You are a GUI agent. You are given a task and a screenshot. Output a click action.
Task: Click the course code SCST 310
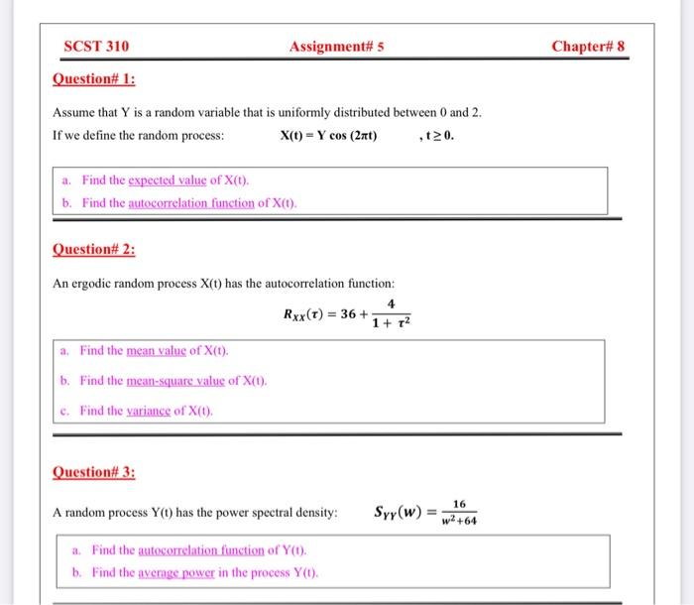click(95, 47)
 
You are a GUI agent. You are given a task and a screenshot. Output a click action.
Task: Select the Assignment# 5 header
click(336, 47)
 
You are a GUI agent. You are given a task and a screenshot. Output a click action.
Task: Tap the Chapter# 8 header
click(588, 47)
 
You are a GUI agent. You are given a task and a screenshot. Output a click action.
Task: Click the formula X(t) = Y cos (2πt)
click(328, 136)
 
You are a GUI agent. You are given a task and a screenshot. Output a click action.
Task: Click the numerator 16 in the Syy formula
click(459, 503)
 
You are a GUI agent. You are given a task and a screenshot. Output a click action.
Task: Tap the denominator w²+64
click(459, 521)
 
